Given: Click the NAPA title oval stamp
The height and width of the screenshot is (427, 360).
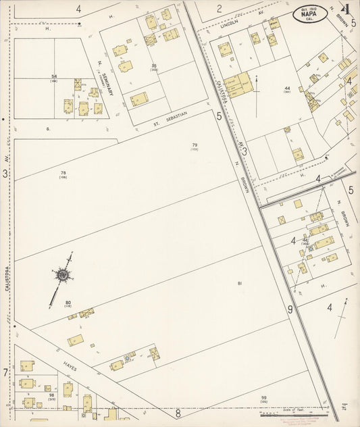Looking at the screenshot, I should tap(311, 14).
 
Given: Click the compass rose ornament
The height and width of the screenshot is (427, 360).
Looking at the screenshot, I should tap(62, 274).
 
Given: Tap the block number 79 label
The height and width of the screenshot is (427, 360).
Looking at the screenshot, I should tap(195, 146).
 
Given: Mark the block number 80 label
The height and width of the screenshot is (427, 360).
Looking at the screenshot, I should tap(68, 303).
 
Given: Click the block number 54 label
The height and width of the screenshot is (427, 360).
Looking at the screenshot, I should tap(54, 77).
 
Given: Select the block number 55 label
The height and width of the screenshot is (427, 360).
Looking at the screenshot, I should tap(154, 66).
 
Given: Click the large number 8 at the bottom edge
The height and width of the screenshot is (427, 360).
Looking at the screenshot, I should tap(178, 412).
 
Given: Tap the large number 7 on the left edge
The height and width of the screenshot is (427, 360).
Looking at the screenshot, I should tap(5, 372).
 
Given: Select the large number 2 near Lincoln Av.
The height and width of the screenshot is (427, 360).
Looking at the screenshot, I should tap(219, 9).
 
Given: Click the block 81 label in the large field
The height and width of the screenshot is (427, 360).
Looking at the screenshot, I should tap(239, 284).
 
